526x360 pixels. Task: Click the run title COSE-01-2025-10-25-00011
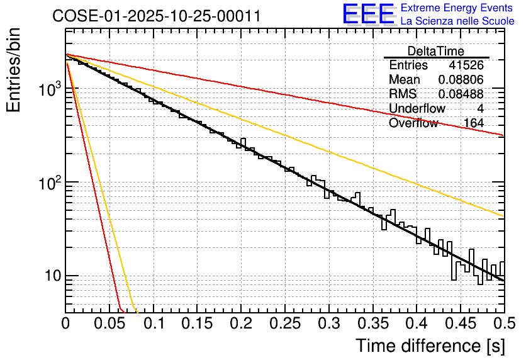coord(156,16)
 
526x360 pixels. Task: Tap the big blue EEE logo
coord(368,14)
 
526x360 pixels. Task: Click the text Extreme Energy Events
coord(457,8)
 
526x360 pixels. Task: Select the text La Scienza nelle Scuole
coord(457,21)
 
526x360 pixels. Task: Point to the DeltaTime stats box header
coord(436,51)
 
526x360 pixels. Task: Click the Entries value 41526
coord(466,65)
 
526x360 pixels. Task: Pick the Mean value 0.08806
coord(461,80)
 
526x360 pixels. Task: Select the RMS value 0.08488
coord(461,94)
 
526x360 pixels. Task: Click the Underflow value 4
coord(480,109)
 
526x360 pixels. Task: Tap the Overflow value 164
coord(473,123)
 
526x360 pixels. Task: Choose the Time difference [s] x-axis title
coord(430,346)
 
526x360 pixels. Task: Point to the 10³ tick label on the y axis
coord(47,90)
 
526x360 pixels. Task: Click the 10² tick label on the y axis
coord(47,183)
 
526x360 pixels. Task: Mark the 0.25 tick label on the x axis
coord(285,323)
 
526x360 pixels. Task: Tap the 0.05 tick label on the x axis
coord(109,323)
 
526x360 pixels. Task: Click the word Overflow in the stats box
coord(413,123)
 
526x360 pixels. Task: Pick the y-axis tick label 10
coord(52,276)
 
